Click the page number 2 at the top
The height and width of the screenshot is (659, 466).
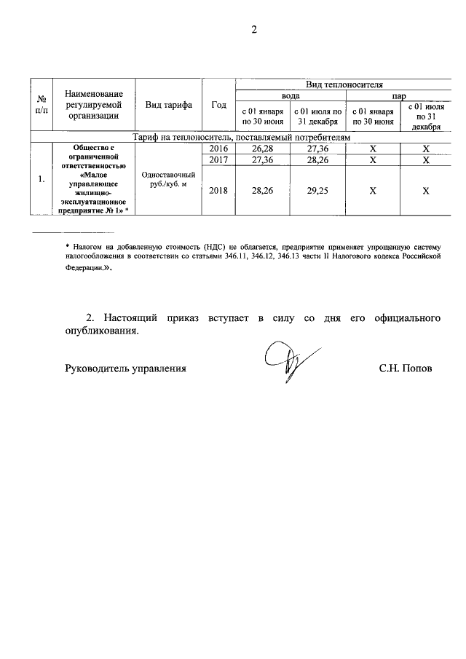254,30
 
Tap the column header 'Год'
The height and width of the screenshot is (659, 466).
218,105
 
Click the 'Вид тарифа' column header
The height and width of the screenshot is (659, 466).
168,105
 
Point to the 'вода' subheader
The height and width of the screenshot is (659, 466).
291,95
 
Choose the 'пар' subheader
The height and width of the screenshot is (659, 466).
399,95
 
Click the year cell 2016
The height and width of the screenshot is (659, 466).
218,149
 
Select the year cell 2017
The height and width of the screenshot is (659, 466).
218,159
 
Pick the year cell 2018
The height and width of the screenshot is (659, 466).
218,191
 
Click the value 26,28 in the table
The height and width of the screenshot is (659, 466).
263,149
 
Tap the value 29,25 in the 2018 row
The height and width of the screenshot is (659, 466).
318,191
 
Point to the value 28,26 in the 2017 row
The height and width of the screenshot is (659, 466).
318,159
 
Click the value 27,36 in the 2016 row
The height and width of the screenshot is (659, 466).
318,149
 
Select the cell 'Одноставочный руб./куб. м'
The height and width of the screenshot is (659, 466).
168,180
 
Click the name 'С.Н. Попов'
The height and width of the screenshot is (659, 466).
406,368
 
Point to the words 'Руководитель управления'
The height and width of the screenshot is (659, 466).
125,368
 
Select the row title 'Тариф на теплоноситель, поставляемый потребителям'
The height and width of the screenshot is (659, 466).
240,137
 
